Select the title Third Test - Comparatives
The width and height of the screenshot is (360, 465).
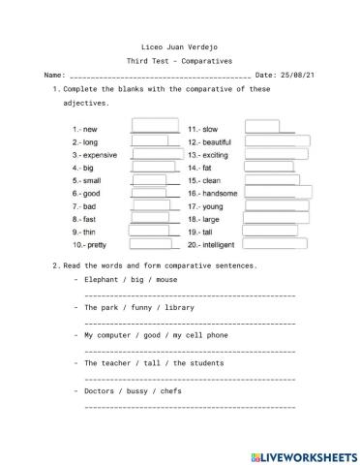point(179,59)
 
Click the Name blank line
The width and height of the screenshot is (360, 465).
point(160,75)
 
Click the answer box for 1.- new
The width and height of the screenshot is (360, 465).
point(154,127)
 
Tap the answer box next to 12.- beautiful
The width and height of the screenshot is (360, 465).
point(277,140)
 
